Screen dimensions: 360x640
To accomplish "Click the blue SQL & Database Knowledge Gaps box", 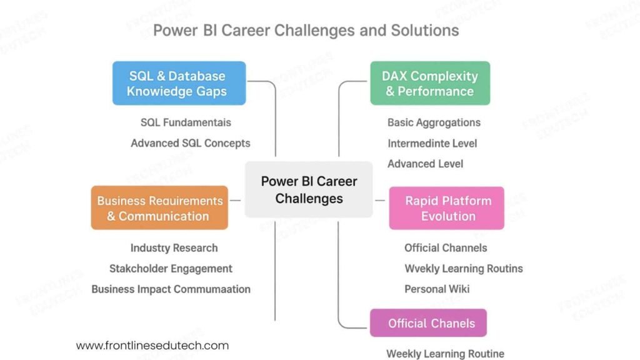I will point(179,83).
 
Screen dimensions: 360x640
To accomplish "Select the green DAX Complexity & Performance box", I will point(430,83).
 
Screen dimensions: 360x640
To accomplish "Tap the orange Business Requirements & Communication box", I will point(159,208).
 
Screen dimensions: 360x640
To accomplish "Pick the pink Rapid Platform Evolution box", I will point(447,208).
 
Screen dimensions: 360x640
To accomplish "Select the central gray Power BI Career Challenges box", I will point(309,190).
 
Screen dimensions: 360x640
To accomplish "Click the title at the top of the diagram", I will point(306,30).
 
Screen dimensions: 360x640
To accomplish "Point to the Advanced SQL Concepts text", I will point(190,143).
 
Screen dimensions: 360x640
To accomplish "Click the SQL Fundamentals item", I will point(186,122).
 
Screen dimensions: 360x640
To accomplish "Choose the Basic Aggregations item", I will point(434,122).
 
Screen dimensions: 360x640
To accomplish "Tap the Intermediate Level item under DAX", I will point(432,143).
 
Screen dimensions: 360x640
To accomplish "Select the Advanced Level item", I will point(425,164).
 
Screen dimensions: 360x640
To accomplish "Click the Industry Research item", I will point(174,248).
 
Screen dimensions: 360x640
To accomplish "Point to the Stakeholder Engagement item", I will point(171,269).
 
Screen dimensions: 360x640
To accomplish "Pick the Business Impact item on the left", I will point(171,289).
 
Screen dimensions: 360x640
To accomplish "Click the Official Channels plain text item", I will point(445,248).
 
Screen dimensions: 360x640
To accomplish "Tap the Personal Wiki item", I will point(436,289).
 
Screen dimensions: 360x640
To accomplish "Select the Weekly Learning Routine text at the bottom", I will point(445,354).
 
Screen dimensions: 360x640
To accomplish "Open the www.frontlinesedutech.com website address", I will point(152,346).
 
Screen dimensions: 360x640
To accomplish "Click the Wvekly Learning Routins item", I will point(463,269).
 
